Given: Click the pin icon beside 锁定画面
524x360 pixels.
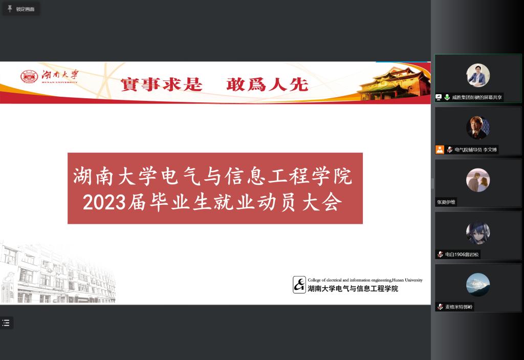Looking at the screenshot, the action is tap(10, 9).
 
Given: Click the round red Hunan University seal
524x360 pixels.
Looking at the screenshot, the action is tap(29, 77).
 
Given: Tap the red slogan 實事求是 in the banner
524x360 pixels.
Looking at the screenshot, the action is tap(161, 84).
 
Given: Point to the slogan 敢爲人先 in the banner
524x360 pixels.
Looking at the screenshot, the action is tap(267, 84).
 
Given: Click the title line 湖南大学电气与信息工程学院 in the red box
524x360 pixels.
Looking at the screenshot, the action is tap(212, 176).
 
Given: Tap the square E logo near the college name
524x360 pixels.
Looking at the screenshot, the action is tap(299, 285).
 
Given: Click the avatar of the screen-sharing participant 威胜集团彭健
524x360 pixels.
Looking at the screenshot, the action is tap(478, 75).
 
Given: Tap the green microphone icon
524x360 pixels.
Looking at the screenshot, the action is tap(447, 97).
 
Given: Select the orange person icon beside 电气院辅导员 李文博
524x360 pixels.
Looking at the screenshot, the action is tap(440, 150).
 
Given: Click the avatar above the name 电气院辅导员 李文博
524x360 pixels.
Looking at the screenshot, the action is tap(478, 128).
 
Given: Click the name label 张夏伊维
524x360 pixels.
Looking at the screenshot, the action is tap(446, 202).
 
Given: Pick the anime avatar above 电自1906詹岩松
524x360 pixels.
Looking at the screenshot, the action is tap(478, 232).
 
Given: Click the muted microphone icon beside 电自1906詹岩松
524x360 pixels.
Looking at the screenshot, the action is tap(440, 255).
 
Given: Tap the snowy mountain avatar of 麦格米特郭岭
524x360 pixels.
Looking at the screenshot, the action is tap(478, 285).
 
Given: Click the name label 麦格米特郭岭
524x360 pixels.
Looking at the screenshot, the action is tap(459, 307).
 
